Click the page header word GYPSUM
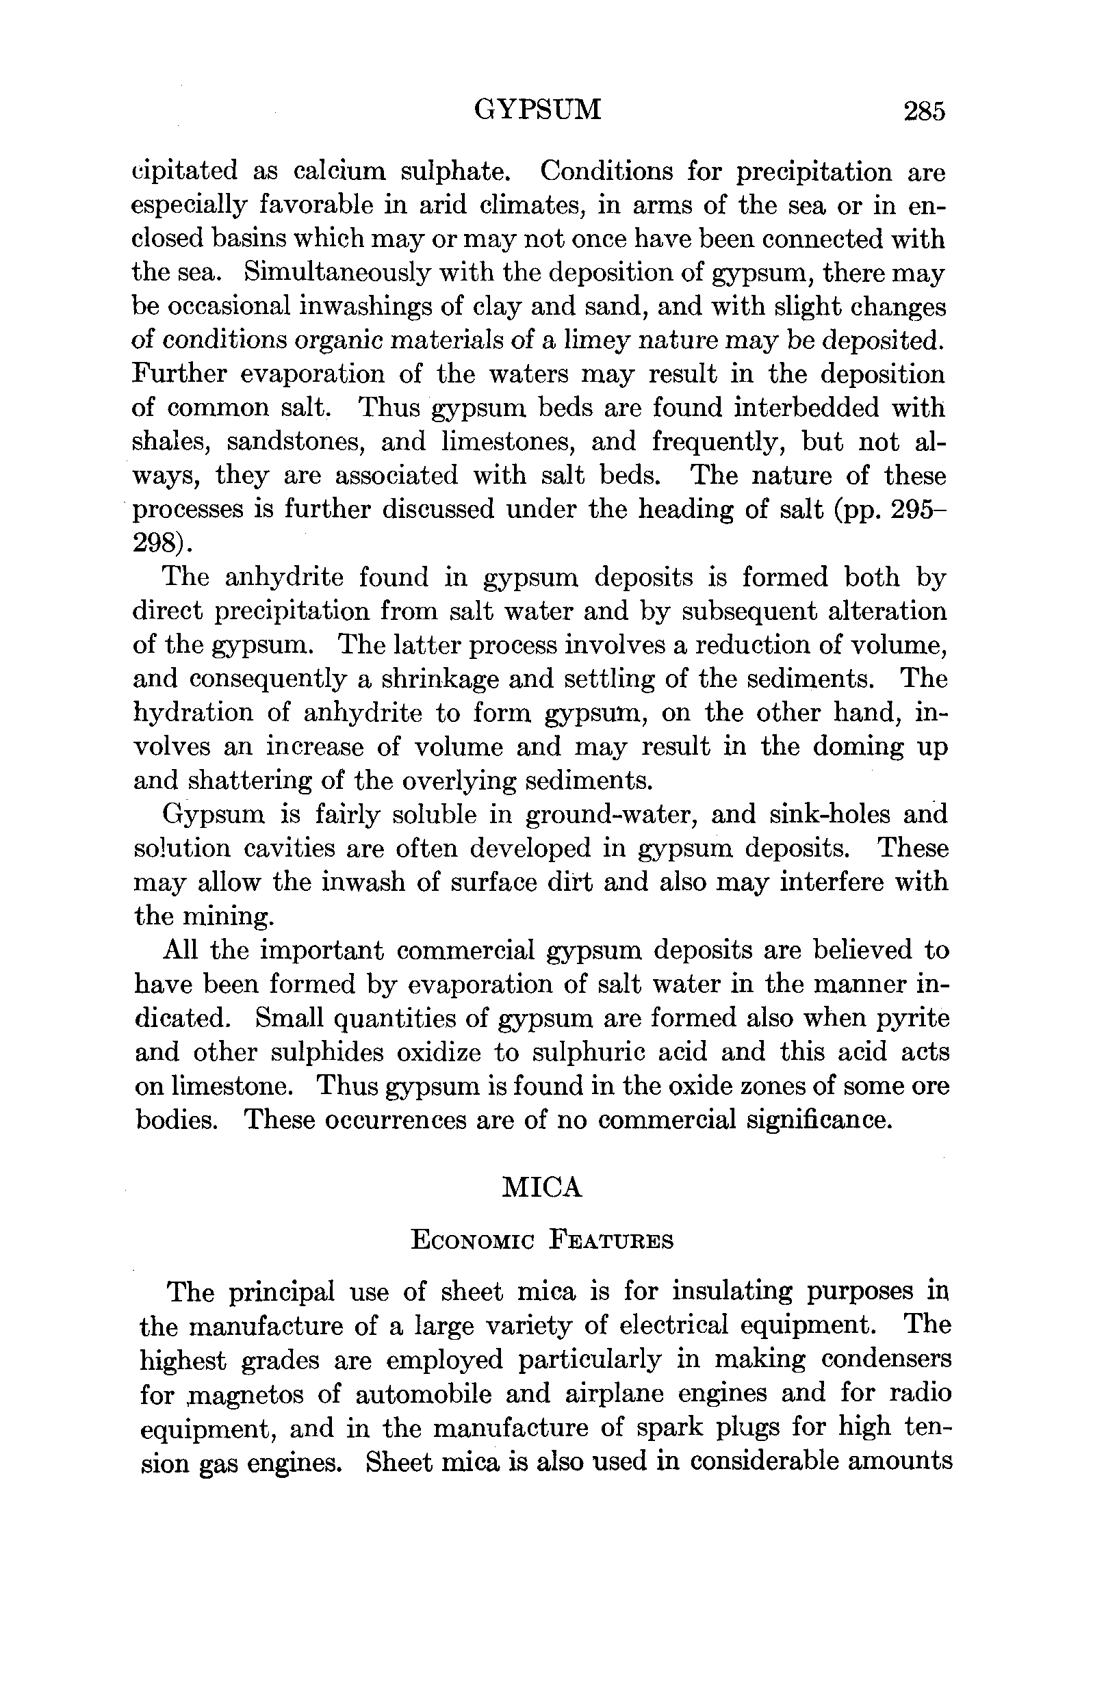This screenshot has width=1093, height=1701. tap(537, 111)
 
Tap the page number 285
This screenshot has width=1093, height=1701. tap(924, 112)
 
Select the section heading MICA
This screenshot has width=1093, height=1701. tap(542, 1187)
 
